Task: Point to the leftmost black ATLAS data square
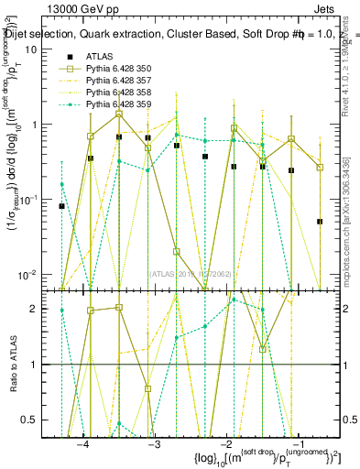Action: pyautogui.click(x=62, y=206)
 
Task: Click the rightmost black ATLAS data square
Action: pyautogui.click(x=320, y=221)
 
